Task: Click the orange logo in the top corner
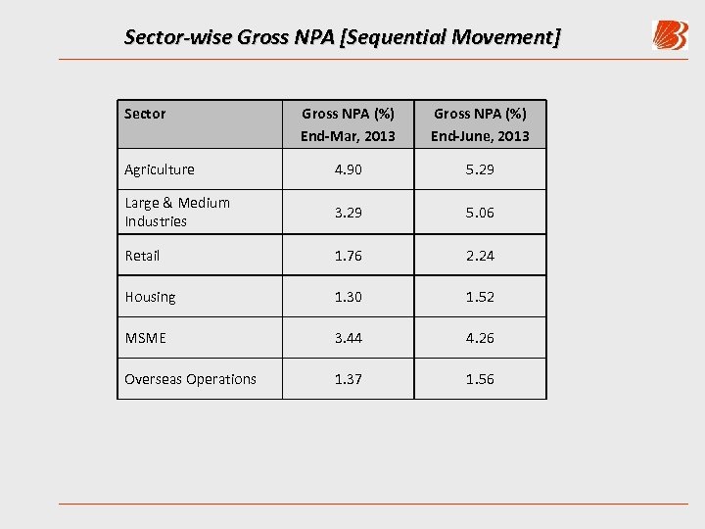click(670, 35)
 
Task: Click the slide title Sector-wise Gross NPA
click(343, 37)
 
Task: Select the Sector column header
click(145, 114)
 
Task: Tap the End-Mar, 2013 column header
click(348, 124)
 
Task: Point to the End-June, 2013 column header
click(480, 124)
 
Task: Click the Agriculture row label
click(160, 169)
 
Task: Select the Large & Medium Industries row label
click(177, 212)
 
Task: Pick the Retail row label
click(142, 256)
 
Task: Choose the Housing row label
click(150, 297)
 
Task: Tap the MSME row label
click(145, 338)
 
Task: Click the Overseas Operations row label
click(190, 379)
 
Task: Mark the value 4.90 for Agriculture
click(348, 169)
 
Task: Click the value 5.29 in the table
click(480, 169)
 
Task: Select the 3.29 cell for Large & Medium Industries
click(348, 212)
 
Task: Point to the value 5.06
click(480, 212)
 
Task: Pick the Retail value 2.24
click(480, 256)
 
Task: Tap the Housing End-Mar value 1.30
click(348, 297)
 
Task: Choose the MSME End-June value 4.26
click(480, 338)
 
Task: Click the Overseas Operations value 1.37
click(348, 379)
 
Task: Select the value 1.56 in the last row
click(480, 379)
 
